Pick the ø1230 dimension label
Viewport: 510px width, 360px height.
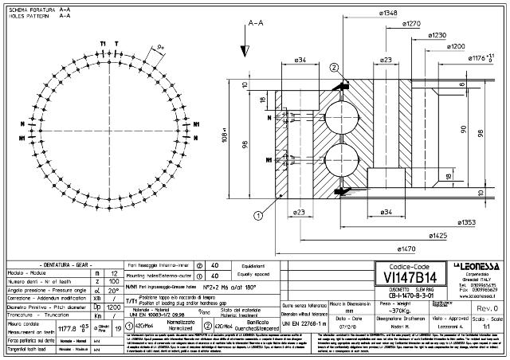click(437, 36)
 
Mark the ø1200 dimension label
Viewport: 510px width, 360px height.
click(456, 47)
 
